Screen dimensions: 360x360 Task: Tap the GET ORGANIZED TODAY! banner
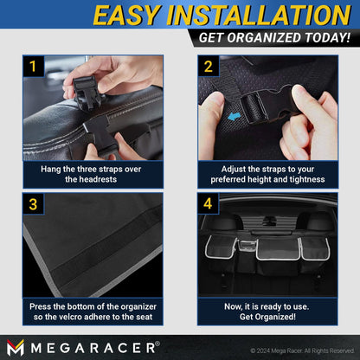[x=273, y=39]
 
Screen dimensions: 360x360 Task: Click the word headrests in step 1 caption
[x=112, y=179]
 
